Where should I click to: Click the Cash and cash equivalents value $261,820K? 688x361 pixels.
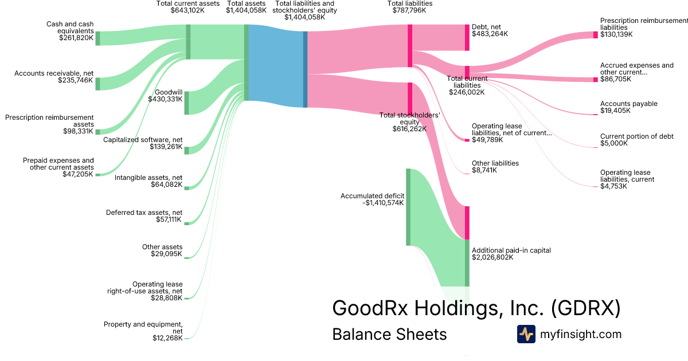point(75,38)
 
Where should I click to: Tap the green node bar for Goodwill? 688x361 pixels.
point(186,103)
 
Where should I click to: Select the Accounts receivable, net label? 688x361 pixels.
point(54,73)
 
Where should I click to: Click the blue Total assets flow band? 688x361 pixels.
point(275,66)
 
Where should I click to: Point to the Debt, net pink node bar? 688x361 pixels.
point(467,38)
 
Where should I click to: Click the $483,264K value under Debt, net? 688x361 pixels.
point(490,34)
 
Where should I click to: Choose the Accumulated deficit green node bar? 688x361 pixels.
point(408,207)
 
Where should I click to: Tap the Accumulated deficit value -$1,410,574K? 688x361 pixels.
point(383,203)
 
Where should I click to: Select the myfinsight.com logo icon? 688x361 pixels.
point(526,334)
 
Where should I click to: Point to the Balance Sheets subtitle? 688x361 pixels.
point(389,334)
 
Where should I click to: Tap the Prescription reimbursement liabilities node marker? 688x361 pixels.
point(595,34)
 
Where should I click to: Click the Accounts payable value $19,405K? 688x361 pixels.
point(615,111)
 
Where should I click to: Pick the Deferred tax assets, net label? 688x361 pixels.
point(144,213)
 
